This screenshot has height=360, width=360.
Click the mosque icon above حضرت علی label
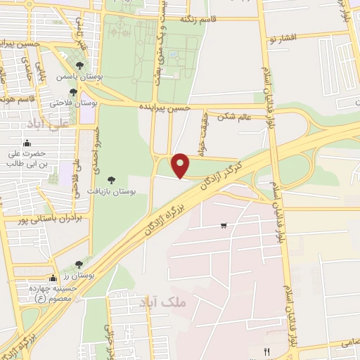point(26,143)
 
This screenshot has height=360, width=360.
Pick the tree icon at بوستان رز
point(77,265)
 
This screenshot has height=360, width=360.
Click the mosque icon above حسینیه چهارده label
point(52,277)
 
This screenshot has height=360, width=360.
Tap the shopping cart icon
point(224,226)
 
